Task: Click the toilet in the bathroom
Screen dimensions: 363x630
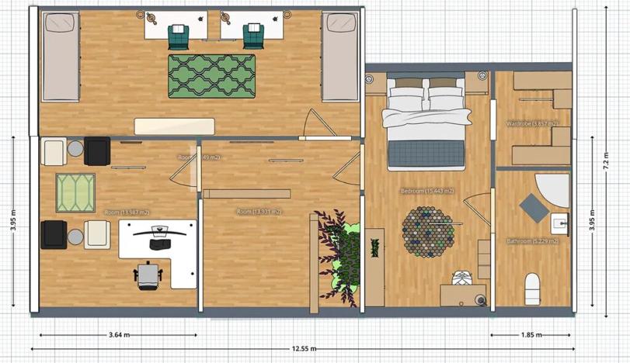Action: pos(533,288)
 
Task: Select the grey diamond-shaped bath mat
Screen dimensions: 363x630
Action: pos(534,208)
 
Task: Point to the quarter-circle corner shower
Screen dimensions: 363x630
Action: pos(554,188)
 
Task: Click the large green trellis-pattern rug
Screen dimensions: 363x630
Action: pos(212,76)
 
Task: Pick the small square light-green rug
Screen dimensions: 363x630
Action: pos(75,192)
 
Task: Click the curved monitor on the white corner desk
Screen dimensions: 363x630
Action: pos(160,230)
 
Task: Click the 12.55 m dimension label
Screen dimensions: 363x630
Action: pos(303,349)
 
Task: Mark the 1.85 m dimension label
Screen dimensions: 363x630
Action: pos(532,335)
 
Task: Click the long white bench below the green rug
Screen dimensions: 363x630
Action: pos(175,126)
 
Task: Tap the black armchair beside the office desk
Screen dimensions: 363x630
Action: pos(54,234)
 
